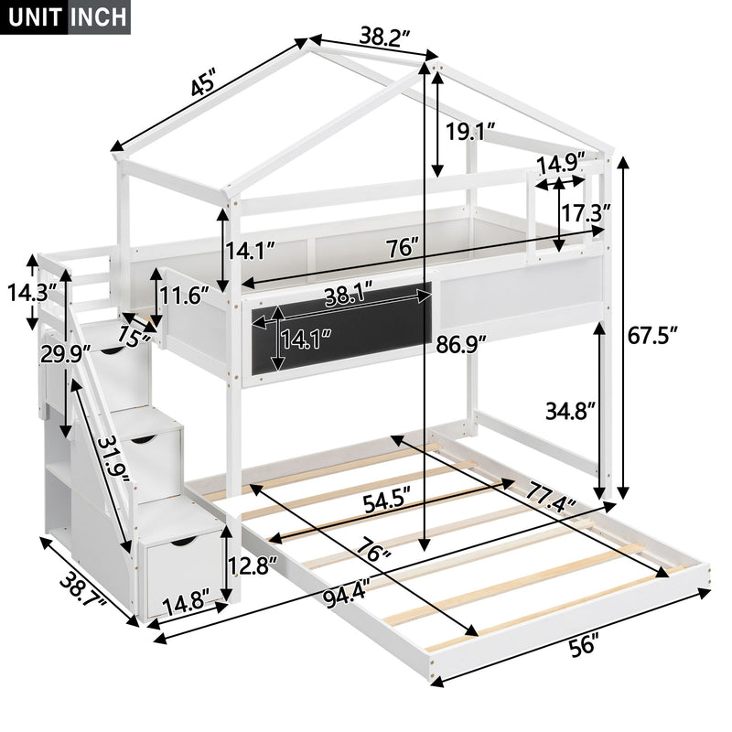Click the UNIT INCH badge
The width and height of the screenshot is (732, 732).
pos(66,17)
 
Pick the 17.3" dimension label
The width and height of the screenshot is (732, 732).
pos(586,214)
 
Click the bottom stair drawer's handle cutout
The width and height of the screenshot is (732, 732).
pos(180,544)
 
